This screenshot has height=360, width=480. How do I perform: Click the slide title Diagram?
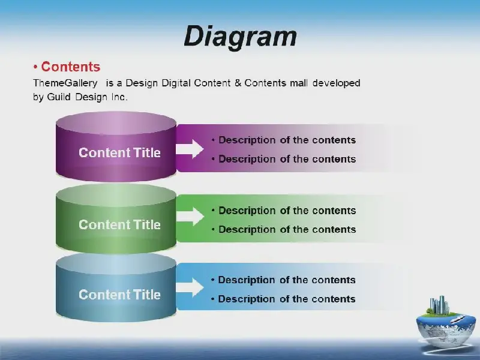pyautogui.click(x=241, y=36)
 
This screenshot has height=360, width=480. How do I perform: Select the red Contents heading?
pyautogui.click(x=70, y=67)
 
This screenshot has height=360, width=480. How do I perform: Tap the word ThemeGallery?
pyautogui.click(x=65, y=83)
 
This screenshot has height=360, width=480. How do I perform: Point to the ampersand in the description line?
pyautogui.click(x=238, y=83)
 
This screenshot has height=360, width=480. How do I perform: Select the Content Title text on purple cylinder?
pyautogui.click(x=119, y=152)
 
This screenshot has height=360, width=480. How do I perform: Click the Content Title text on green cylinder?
pyautogui.click(x=119, y=224)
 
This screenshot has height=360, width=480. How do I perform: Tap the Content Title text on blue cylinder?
pyautogui.click(x=119, y=295)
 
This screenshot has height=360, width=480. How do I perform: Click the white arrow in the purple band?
pyautogui.click(x=190, y=149)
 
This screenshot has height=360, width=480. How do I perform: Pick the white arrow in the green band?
pyautogui.click(x=190, y=217)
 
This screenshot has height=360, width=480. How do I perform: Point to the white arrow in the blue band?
pyautogui.click(x=190, y=287)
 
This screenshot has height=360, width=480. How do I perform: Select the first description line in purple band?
pyautogui.click(x=284, y=140)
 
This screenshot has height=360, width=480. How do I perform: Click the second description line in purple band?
pyautogui.click(x=284, y=159)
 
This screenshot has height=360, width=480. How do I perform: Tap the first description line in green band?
pyautogui.click(x=284, y=211)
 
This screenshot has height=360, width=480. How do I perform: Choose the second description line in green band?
pyautogui.click(x=284, y=230)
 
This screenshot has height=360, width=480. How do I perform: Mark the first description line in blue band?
pyautogui.click(x=283, y=280)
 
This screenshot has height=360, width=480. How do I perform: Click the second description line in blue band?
pyautogui.click(x=283, y=299)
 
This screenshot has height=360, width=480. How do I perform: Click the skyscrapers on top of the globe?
pyautogui.click(x=439, y=305)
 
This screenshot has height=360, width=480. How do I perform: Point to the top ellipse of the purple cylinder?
pyautogui.click(x=116, y=123)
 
